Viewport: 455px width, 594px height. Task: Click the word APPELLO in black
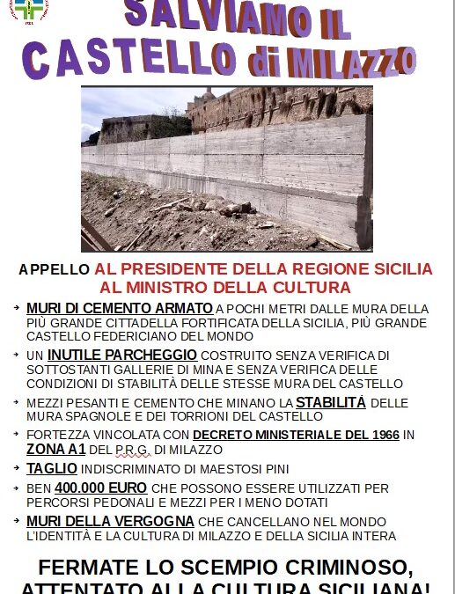(54, 269)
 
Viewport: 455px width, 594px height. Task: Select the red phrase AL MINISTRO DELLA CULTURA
(225, 287)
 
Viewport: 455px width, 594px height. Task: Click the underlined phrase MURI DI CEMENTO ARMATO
(119, 309)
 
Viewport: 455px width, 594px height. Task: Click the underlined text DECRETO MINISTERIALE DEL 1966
(296, 435)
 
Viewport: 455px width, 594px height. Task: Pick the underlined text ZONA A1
(55, 449)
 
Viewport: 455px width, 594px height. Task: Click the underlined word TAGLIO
(52, 468)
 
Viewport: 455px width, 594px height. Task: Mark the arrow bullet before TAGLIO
(18, 468)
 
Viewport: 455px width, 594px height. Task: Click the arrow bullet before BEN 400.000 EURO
(18, 488)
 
